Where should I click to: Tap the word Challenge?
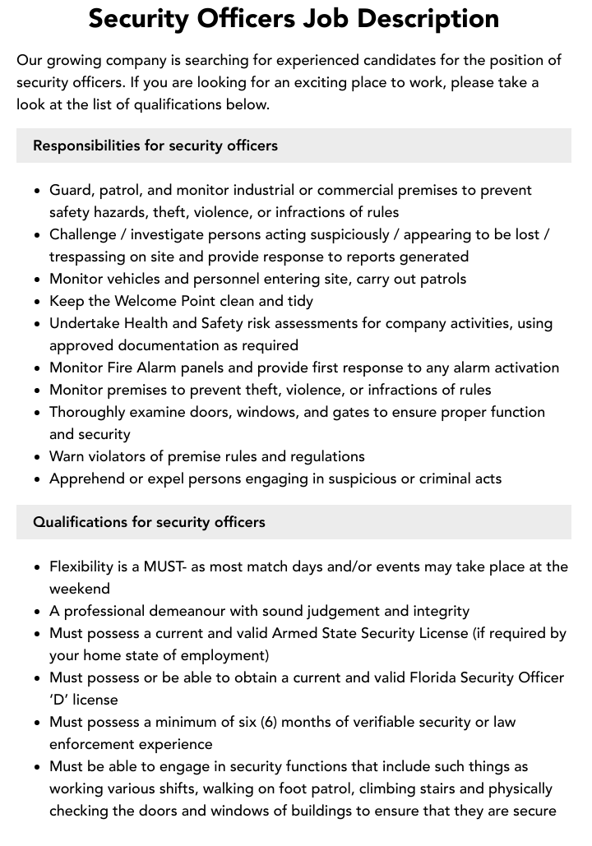(83, 234)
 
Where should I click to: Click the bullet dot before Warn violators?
(37, 457)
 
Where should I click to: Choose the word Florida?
(445, 677)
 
